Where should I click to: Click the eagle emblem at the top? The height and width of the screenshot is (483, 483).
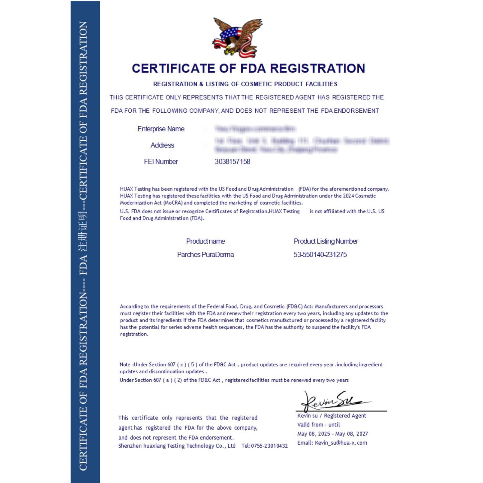click(x=237, y=37)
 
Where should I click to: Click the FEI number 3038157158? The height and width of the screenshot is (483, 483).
click(x=232, y=162)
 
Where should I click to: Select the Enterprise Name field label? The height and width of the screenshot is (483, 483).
click(x=161, y=129)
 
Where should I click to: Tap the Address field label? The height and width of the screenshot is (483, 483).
click(x=162, y=145)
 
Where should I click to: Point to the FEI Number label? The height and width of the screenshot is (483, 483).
click(x=161, y=162)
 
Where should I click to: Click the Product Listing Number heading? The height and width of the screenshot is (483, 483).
click(x=326, y=241)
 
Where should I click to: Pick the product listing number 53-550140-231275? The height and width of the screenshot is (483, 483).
click(x=320, y=255)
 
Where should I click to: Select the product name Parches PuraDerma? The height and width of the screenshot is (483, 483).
click(x=205, y=255)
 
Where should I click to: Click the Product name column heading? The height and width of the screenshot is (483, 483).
click(x=205, y=241)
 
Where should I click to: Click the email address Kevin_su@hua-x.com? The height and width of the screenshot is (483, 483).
click(x=341, y=443)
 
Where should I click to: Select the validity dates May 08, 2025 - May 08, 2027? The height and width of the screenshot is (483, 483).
click(x=332, y=434)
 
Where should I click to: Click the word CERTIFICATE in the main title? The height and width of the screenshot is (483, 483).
click(x=173, y=69)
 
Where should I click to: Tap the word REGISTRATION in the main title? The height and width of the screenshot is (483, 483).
click(x=317, y=69)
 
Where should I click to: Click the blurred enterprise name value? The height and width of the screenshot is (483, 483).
click(x=255, y=129)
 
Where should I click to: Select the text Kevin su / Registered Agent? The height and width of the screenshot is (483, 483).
click(x=332, y=416)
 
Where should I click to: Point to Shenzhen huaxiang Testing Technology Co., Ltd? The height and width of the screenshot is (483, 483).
click(x=176, y=446)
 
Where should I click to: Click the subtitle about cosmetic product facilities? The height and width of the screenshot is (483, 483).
click(x=245, y=84)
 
